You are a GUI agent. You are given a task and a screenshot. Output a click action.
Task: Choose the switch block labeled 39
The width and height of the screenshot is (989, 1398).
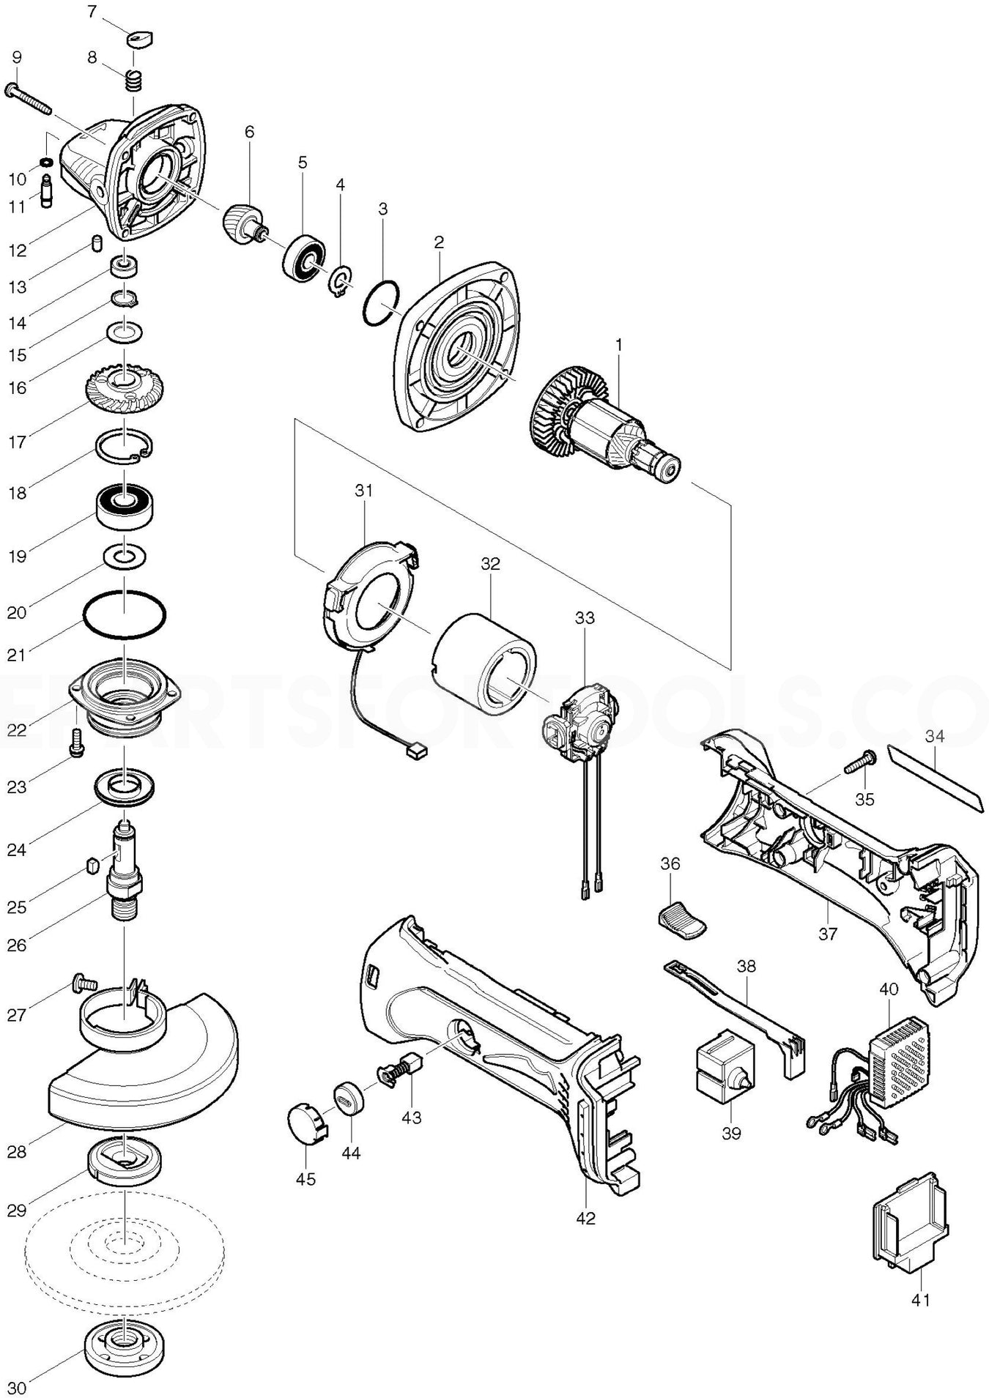point(719,1074)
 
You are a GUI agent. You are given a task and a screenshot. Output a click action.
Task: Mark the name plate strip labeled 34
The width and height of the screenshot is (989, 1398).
point(933,778)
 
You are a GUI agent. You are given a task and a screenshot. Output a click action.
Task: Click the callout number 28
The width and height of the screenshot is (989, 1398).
point(17,1151)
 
